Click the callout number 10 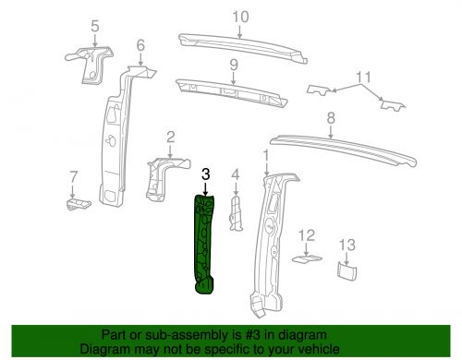point(240,17)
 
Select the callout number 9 point(235,65)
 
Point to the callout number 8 point(330,118)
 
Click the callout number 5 point(93,25)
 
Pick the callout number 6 point(140,46)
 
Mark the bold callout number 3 point(206,174)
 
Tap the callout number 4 point(236,174)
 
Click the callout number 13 point(346,245)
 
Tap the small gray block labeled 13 point(346,270)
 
